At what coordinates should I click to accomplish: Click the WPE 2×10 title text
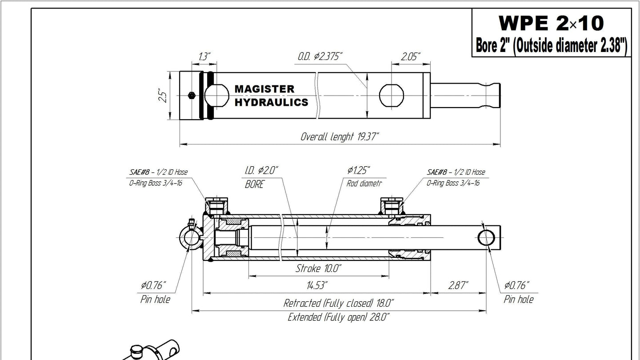pos(551,22)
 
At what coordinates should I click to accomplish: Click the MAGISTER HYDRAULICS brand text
pos(271,96)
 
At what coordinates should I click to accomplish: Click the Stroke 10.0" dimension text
pos(318,268)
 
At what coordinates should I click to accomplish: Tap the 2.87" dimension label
pos(458,285)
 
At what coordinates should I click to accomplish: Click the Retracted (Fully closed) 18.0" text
pos(339,303)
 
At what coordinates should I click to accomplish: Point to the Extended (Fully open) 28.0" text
pos(339,317)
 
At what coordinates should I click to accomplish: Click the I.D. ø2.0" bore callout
pos(262,171)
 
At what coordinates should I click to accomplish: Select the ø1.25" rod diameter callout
pos(359,171)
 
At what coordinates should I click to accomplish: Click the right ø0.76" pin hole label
pos(517,285)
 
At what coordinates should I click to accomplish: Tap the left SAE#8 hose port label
pos(157,172)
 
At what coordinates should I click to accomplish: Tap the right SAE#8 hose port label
pos(456,172)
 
